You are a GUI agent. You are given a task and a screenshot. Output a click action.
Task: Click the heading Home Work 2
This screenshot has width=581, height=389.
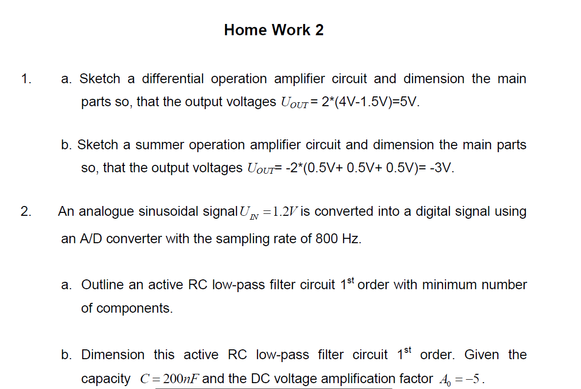pos(274,30)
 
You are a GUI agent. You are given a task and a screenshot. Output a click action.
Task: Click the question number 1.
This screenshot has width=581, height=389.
pos(26,79)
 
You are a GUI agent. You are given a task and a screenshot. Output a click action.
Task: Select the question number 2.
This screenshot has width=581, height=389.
pos(26,211)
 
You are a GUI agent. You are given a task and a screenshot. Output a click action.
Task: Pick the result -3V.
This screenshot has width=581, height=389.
pos(443,168)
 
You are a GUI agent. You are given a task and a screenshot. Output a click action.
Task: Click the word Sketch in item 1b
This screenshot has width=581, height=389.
pos(98,145)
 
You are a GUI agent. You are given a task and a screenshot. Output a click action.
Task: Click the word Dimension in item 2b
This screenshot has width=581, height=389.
pos(113,355)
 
